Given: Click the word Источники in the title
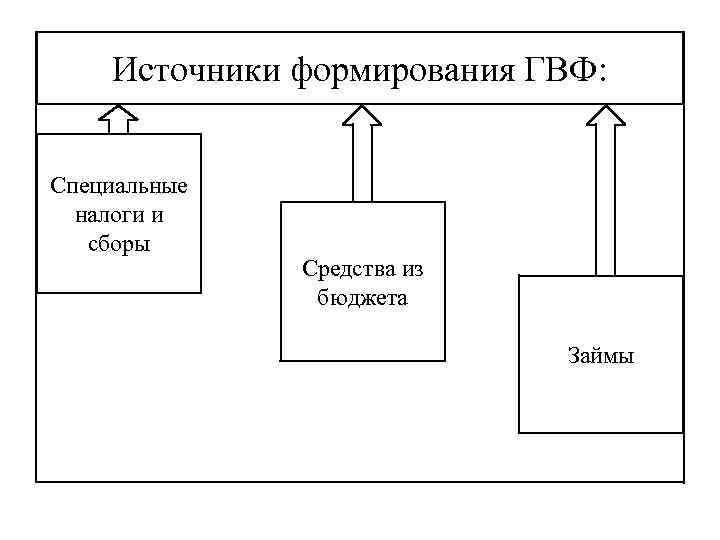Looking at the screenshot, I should click(x=197, y=70).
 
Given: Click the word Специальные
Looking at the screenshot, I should click(x=119, y=187).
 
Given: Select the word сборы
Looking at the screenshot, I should click(x=119, y=243).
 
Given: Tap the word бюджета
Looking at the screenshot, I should click(x=362, y=298).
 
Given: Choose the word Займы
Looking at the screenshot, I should click(x=601, y=356).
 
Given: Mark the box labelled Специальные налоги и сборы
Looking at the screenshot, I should click(x=119, y=270).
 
